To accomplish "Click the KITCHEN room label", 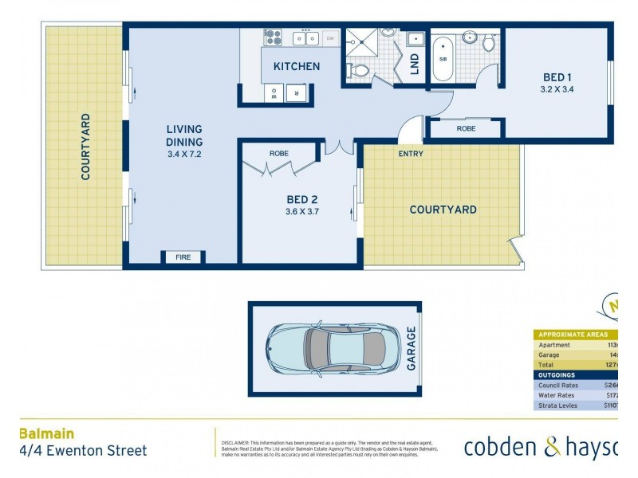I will click(297, 66).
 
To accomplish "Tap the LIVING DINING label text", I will click(184, 135).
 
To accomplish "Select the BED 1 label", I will click(557, 77).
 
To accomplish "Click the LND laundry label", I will click(414, 65).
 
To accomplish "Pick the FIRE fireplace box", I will click(184, 257).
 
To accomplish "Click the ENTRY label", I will click(411, 154).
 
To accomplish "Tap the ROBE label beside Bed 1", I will click(467, 128).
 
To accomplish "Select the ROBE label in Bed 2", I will click(279, 153).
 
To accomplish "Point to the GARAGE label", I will click(412, 348).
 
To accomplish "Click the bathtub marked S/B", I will click(443, 57).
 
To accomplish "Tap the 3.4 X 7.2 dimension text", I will click(184, 155).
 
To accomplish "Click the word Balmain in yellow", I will click(46, 433).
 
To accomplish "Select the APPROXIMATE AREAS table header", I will click(573, 335).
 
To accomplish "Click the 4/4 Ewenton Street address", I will click(83, 450).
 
